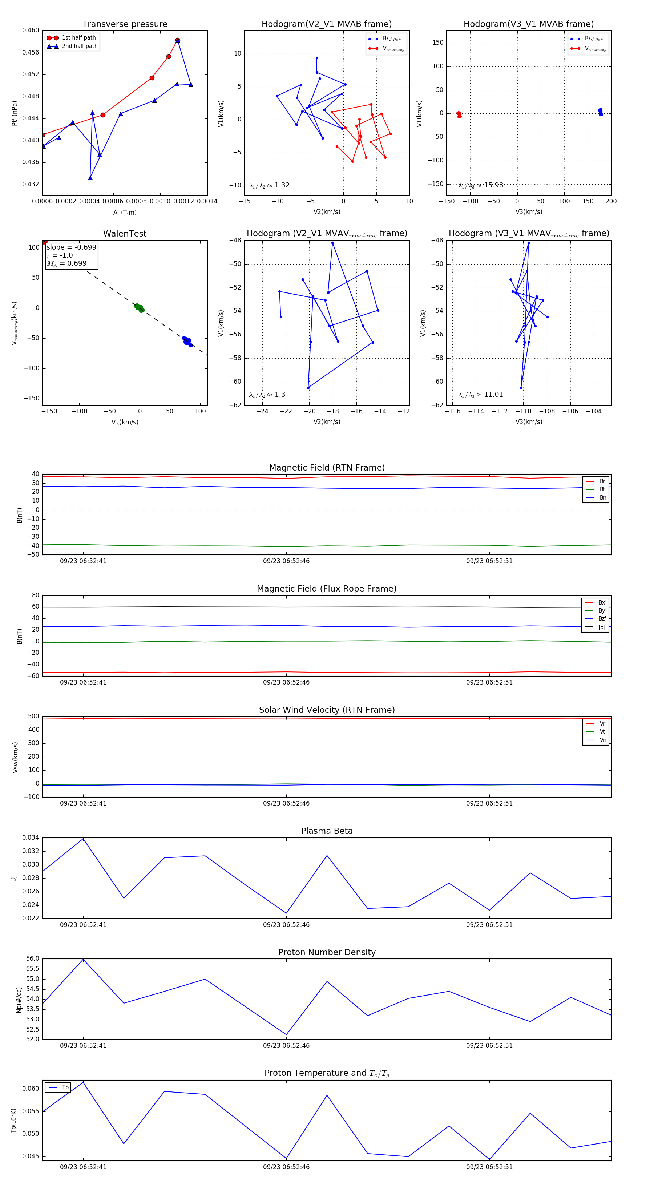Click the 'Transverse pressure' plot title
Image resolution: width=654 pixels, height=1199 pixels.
coord(125,24)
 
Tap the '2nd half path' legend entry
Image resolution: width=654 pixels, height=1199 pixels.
coord(80,46)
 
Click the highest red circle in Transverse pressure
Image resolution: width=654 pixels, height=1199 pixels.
coord(178,40)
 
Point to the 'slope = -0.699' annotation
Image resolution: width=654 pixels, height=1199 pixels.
coord(71,247)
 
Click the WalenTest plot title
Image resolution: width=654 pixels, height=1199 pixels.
coord(125,234)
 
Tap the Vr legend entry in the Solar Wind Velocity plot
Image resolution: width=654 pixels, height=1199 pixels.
coord(602,724)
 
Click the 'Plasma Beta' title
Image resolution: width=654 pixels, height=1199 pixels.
coord(327,831)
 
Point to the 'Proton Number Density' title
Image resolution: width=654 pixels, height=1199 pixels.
coord(327,952)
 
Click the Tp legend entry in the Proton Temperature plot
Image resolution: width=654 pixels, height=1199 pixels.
coord(65,1087)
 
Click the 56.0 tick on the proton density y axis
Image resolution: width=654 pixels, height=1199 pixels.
coord(33,959)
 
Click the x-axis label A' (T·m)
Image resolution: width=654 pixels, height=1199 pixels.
coord(125,212)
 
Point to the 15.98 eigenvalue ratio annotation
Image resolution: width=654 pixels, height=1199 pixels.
coord(493,185)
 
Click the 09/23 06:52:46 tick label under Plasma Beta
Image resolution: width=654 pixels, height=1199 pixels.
coord(286,925)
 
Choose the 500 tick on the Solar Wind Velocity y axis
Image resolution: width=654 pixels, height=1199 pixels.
coord(33,716)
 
